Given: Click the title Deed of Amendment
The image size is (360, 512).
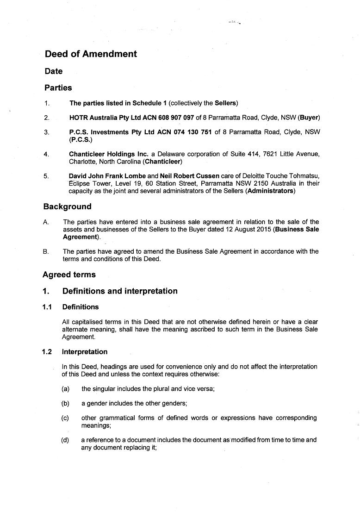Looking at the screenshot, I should tap(91, 54).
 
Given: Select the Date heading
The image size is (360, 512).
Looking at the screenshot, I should tap(54, 71).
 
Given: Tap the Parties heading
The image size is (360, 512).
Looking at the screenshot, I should tap(58, 88).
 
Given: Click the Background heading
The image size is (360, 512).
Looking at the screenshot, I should tap(68, 207).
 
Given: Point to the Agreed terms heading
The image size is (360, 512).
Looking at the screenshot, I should tap(69, 275).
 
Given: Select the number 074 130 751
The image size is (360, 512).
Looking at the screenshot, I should tap(192, 132).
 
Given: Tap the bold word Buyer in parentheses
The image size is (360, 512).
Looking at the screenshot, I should tap(309, 118).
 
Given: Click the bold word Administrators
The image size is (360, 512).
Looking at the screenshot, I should tap(271, 191).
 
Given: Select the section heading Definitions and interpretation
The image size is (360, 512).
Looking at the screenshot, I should tap(120, 291).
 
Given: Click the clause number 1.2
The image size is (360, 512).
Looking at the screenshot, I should tap(47, 352).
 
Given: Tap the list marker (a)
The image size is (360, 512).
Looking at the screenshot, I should tap(65, 389).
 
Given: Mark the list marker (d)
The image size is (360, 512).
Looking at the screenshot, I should tap(65, 440).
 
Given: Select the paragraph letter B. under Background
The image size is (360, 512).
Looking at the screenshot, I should tap(46, 252).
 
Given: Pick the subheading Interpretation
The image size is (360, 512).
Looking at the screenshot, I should tap(85, 352).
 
